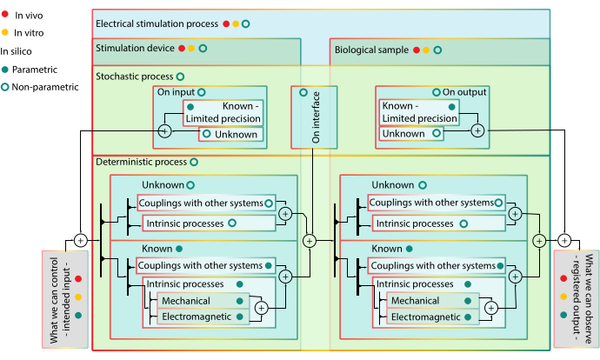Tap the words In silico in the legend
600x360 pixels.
coord(17,51)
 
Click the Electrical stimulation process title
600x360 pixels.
coord(157,23)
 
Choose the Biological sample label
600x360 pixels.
coord(372,50)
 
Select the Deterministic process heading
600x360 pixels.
coord(140,162)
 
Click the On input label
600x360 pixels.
coord(175,91)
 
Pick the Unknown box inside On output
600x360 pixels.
coord(403,134)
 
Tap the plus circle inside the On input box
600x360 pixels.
coord(164,131)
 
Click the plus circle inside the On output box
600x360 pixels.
coord(477,130)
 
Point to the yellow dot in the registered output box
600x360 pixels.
coord(565,297)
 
